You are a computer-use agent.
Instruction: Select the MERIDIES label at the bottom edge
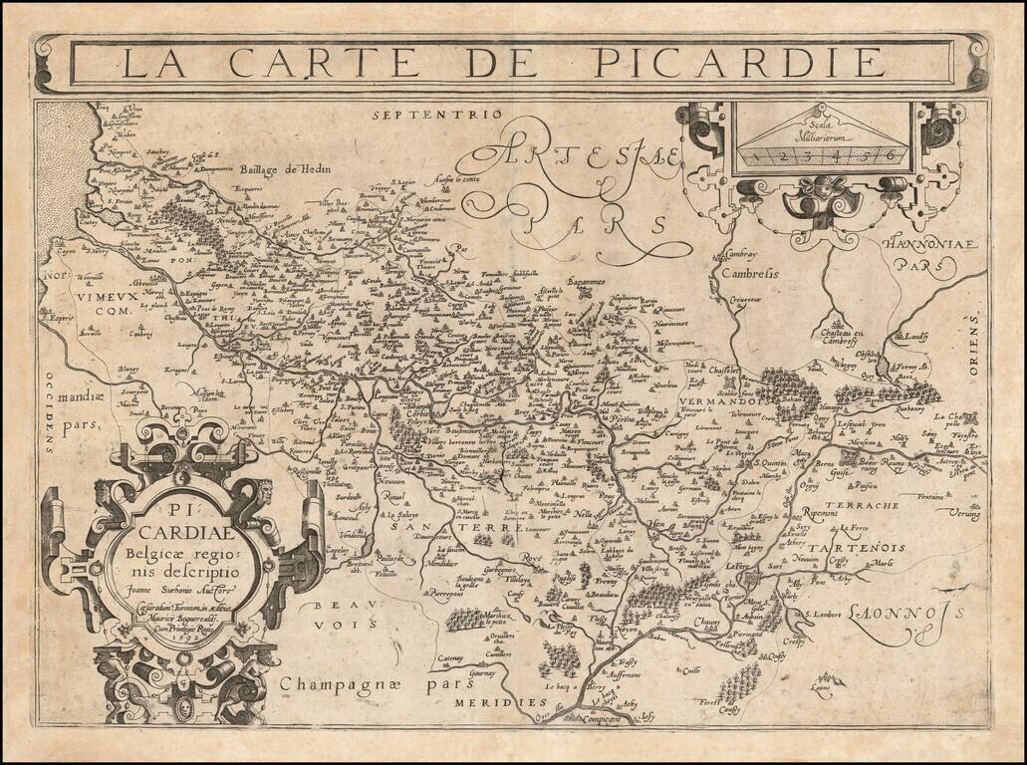coord(488,702)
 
